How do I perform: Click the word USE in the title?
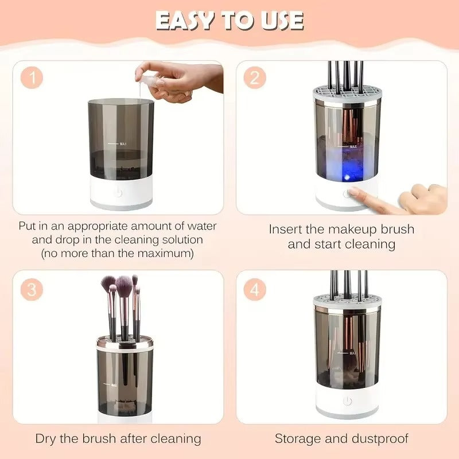(279, 21)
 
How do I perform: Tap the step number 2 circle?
(255, 78)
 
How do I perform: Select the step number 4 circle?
(255, 289)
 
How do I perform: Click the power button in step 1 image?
(118, 193)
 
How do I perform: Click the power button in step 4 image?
(347, 401)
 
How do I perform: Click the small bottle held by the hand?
(148, 81)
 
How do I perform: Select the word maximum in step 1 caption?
(170, 252)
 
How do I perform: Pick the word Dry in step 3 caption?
(47, 439)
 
